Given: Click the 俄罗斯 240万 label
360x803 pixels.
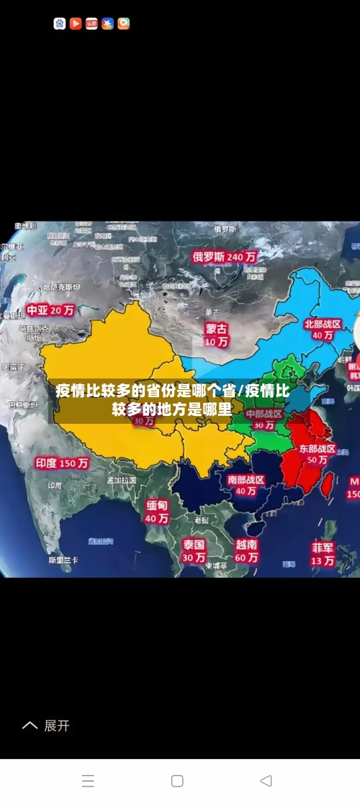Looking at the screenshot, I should point(224,256).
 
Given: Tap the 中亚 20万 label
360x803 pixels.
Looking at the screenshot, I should point(50,310).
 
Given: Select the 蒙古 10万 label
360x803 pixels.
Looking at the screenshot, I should point(216,335).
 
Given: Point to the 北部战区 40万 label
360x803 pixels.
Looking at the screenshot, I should point(323,330).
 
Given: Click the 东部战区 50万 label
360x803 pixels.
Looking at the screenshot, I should point(318,454).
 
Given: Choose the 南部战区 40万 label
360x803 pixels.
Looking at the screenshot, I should point(246,485).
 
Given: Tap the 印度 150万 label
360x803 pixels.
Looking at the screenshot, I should point(62,463).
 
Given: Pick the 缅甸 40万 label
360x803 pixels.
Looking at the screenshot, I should point(157,512).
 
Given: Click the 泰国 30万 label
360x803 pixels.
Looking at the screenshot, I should point(194,550).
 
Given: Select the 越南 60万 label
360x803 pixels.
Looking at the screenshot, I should point(247,550).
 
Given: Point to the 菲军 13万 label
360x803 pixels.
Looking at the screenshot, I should point(323,553).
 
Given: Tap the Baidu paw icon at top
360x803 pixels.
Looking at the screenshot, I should point(59,24).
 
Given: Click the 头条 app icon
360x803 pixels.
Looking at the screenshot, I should point(91,24).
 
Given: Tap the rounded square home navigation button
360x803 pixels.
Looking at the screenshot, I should point(177,781).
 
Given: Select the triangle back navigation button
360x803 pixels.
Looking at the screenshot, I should point(266,781).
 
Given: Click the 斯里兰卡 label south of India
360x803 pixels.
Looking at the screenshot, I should point(63,560).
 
